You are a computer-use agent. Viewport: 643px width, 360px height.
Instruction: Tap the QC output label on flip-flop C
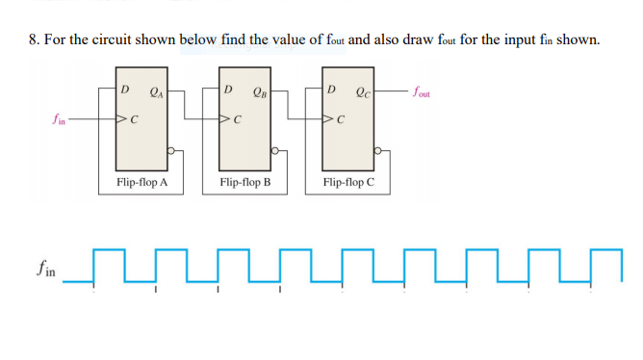(x=363, y=92)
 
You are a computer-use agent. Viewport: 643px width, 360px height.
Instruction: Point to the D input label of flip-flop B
(x=228, y=90)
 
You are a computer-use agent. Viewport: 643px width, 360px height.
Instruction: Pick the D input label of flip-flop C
(x=332, y=90)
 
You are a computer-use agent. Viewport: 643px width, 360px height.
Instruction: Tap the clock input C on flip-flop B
(x=237, y=122)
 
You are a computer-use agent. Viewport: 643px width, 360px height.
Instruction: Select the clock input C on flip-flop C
(x=340, y=122)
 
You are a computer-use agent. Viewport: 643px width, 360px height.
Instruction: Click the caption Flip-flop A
(x=141, y=181)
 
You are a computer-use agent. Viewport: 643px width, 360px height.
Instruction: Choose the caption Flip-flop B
(x=244, y=181)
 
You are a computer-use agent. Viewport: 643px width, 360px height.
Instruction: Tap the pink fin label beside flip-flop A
(x=59, y=122)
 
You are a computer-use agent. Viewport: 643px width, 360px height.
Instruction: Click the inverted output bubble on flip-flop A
(x=172, y=151)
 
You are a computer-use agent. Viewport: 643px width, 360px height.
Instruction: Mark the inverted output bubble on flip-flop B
(x=275, y=151)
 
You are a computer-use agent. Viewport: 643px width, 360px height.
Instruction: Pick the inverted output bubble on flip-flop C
(x=378, y=151)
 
